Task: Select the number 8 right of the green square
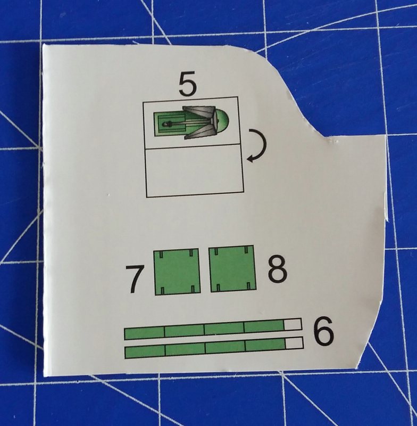[277, 271]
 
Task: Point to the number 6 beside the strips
[323, 331]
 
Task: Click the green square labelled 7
[176, 272]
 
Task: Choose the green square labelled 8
[232, 269]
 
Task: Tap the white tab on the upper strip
[293, 324]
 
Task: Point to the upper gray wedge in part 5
[198, 112]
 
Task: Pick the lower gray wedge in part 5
[198, 134]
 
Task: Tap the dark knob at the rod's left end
[165, 124]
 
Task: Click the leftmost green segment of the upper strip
[144, 333]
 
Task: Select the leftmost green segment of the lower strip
[145, 351]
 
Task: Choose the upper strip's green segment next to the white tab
[264, 326]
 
